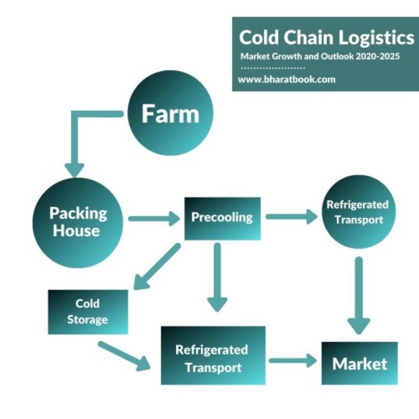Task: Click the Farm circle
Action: coord(170,113)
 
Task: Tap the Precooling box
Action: coord(222,218)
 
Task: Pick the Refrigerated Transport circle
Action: coord(358,212)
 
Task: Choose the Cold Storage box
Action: coord(87,312)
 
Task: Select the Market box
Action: coord(359,363)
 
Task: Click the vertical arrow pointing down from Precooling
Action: coord(217,278)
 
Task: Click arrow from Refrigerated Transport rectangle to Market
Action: coord(293,360)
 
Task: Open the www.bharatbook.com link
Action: coord(286,80)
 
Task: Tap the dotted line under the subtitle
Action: coord(272,68)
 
